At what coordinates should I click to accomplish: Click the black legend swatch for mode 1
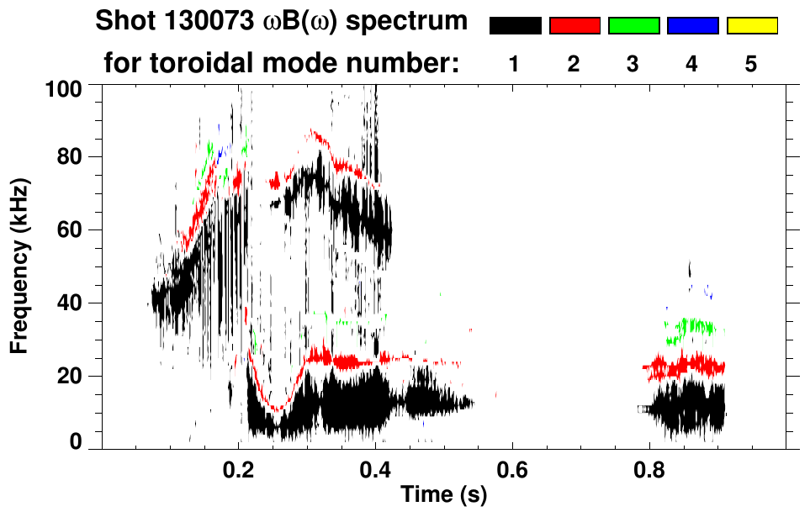pos(515,26)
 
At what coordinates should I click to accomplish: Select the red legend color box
pos(574,26)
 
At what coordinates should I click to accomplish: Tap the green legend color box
pos(633,26)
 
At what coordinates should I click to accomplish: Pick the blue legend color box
pos(692,26)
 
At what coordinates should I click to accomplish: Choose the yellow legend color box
pos(752,26)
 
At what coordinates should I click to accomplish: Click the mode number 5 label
pos(751,64)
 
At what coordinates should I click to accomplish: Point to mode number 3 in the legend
pos(633,64)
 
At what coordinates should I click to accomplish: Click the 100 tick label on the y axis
pos(66,87)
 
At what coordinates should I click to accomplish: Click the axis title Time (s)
pos(442,495)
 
